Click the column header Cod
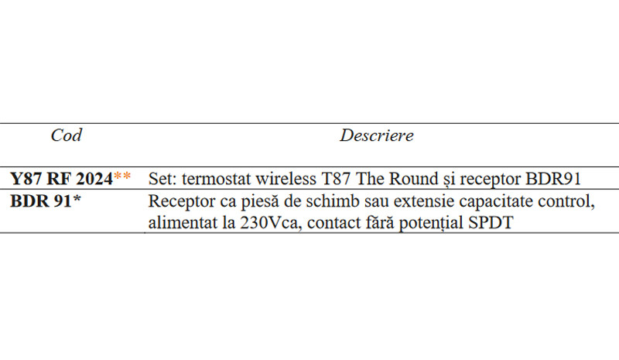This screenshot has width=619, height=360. (67, 135)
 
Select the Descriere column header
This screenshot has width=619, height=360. (377, 135)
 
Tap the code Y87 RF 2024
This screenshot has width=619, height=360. (62, 179)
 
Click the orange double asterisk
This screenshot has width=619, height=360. (122, 177)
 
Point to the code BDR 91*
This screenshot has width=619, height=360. (46, 201)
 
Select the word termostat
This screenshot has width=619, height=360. (217, 179)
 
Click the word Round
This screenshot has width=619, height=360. (413, 179)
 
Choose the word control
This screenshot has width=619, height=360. (566, 201)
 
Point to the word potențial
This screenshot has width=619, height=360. (431, 223)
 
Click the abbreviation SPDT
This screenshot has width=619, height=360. (491, 223)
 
